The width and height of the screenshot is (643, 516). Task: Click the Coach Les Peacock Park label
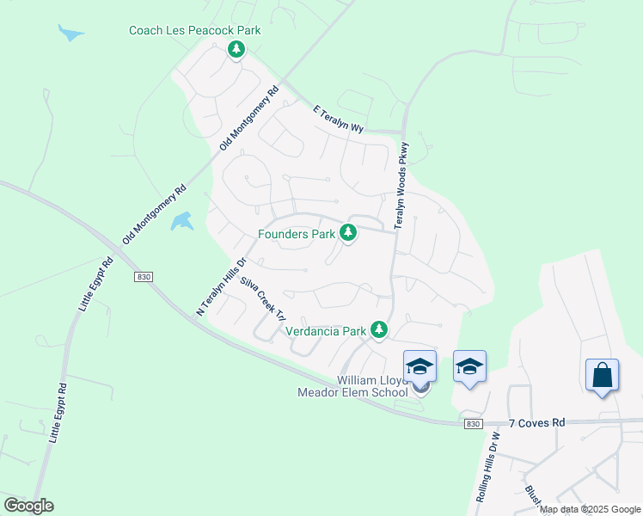(x=194, y=31)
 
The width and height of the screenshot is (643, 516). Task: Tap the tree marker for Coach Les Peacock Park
(x=236, y=50)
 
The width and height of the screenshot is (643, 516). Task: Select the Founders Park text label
(x=297, y=233)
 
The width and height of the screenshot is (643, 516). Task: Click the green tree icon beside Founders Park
(x=348, y=232)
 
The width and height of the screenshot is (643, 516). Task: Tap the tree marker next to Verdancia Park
(x=379, y=329)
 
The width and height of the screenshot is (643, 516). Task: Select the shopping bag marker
(x=602, y=376)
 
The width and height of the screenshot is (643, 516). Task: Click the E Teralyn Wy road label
(x=339, y=119)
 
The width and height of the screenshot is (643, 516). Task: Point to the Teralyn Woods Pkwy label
(x=401, y=186)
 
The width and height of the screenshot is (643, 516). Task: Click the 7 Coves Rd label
(x=536, y=423)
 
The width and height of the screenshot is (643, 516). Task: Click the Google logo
(x=28, y=506)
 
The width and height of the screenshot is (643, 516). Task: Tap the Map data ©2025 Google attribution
(x=591, y=509)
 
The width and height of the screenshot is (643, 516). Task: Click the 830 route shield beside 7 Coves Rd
(x=472, y=424)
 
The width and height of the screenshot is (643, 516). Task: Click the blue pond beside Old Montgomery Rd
(x=181, y=222)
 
